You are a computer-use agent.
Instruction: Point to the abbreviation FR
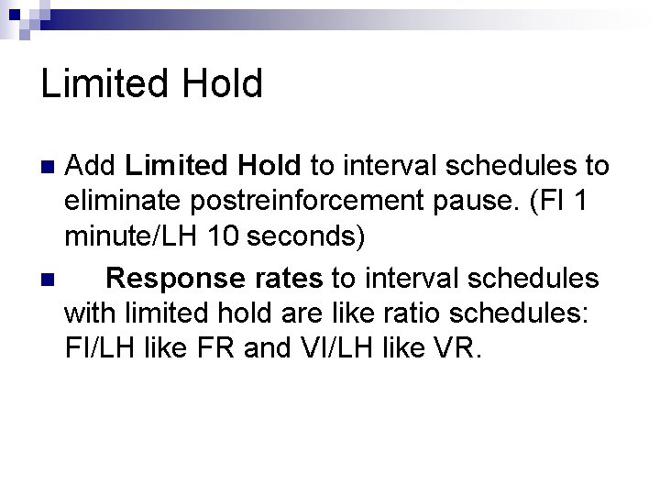[269, 349]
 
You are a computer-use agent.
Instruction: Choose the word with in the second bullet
[92, 313]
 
